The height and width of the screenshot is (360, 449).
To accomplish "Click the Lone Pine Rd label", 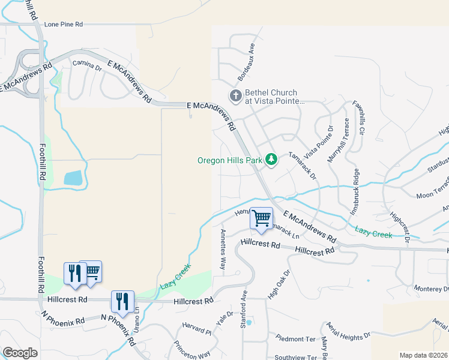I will coord(63,25).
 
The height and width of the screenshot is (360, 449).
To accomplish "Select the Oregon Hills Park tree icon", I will coord(272,160).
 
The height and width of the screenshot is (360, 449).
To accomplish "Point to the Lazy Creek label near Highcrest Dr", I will coord(373,232).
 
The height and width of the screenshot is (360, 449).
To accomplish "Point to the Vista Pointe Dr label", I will coord(318,139).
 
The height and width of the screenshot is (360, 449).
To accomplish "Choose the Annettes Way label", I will coord(223,248).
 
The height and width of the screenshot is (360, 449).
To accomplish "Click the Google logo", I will coord(20,353).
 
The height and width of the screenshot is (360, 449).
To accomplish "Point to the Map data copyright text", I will coord(423,355).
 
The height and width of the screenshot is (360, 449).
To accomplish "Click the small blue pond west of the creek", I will coord(73,178).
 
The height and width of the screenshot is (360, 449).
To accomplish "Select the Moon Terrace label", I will coord(432,191).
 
